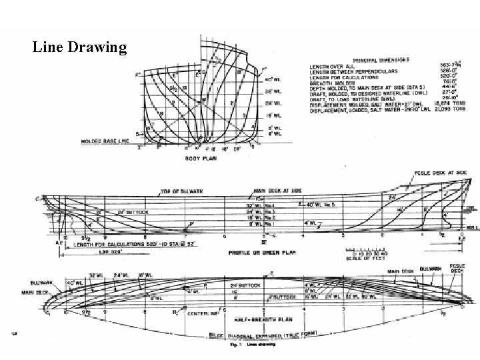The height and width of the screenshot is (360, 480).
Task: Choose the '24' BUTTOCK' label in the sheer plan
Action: pos(131,213)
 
